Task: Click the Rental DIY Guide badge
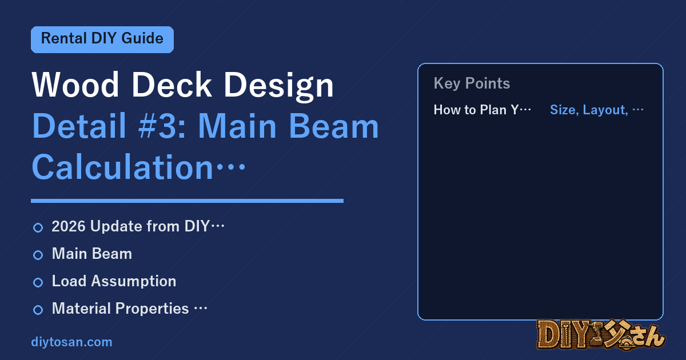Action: point(102,39)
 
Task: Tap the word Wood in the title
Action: point(75,85)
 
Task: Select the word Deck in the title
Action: point(171,85)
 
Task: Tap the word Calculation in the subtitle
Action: point(122,167)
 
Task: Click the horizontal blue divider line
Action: point(187,201)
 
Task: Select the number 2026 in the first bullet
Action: point(69,226)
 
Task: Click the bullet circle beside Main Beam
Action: point(38,255)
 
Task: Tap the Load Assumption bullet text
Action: point(114,281)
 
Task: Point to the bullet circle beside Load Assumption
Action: point(38,282)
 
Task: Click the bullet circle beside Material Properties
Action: point(38,310)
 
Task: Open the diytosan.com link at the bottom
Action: point(71,342)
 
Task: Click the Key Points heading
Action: point(472,83)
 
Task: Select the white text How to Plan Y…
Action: point(482,110)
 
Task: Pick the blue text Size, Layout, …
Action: point(597,110)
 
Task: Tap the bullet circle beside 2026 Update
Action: point(38,228)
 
